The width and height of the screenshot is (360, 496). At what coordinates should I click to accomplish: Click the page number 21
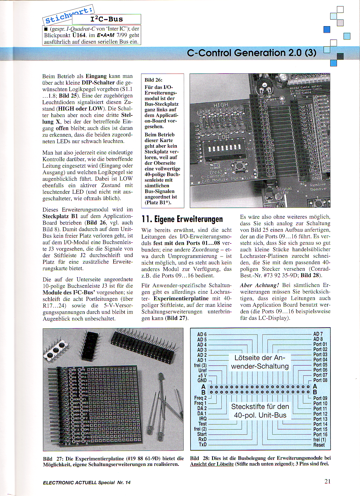(x=327, y=481)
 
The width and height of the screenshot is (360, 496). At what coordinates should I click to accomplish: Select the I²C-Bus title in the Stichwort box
(x=106, y=19)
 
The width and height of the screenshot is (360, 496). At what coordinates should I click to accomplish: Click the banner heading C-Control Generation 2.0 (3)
(x=252, y=53)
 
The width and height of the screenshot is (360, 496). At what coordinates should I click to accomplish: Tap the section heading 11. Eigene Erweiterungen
(x=182, y=219)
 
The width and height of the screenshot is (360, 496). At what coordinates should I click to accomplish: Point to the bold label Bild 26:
(x=153, y=80)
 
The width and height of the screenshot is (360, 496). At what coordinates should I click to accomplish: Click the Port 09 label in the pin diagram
(x=320, y=398)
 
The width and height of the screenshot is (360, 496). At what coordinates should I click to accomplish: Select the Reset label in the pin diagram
(x=319, y=445)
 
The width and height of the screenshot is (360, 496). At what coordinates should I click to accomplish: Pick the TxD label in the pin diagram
(x=202, y=444)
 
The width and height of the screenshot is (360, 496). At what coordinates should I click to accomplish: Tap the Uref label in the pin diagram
(x=202, y=370)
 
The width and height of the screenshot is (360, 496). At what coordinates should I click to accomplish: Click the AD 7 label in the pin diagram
(x=318, y=334)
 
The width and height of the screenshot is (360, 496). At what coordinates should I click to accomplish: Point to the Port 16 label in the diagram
(x=320, y=434)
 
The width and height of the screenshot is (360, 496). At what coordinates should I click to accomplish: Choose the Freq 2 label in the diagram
(x=200, y=398)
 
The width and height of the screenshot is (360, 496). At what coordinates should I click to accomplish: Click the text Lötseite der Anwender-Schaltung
(x=259, y=362)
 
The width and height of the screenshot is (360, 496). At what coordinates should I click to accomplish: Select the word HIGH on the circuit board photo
(x=221, y=105)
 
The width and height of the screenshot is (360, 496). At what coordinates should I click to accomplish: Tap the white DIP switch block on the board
(x=225, y=148)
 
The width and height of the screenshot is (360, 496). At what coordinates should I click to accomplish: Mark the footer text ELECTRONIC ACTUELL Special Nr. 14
(x=87, y=482)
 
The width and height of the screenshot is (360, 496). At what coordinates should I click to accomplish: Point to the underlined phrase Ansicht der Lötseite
(x=212, y=464)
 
